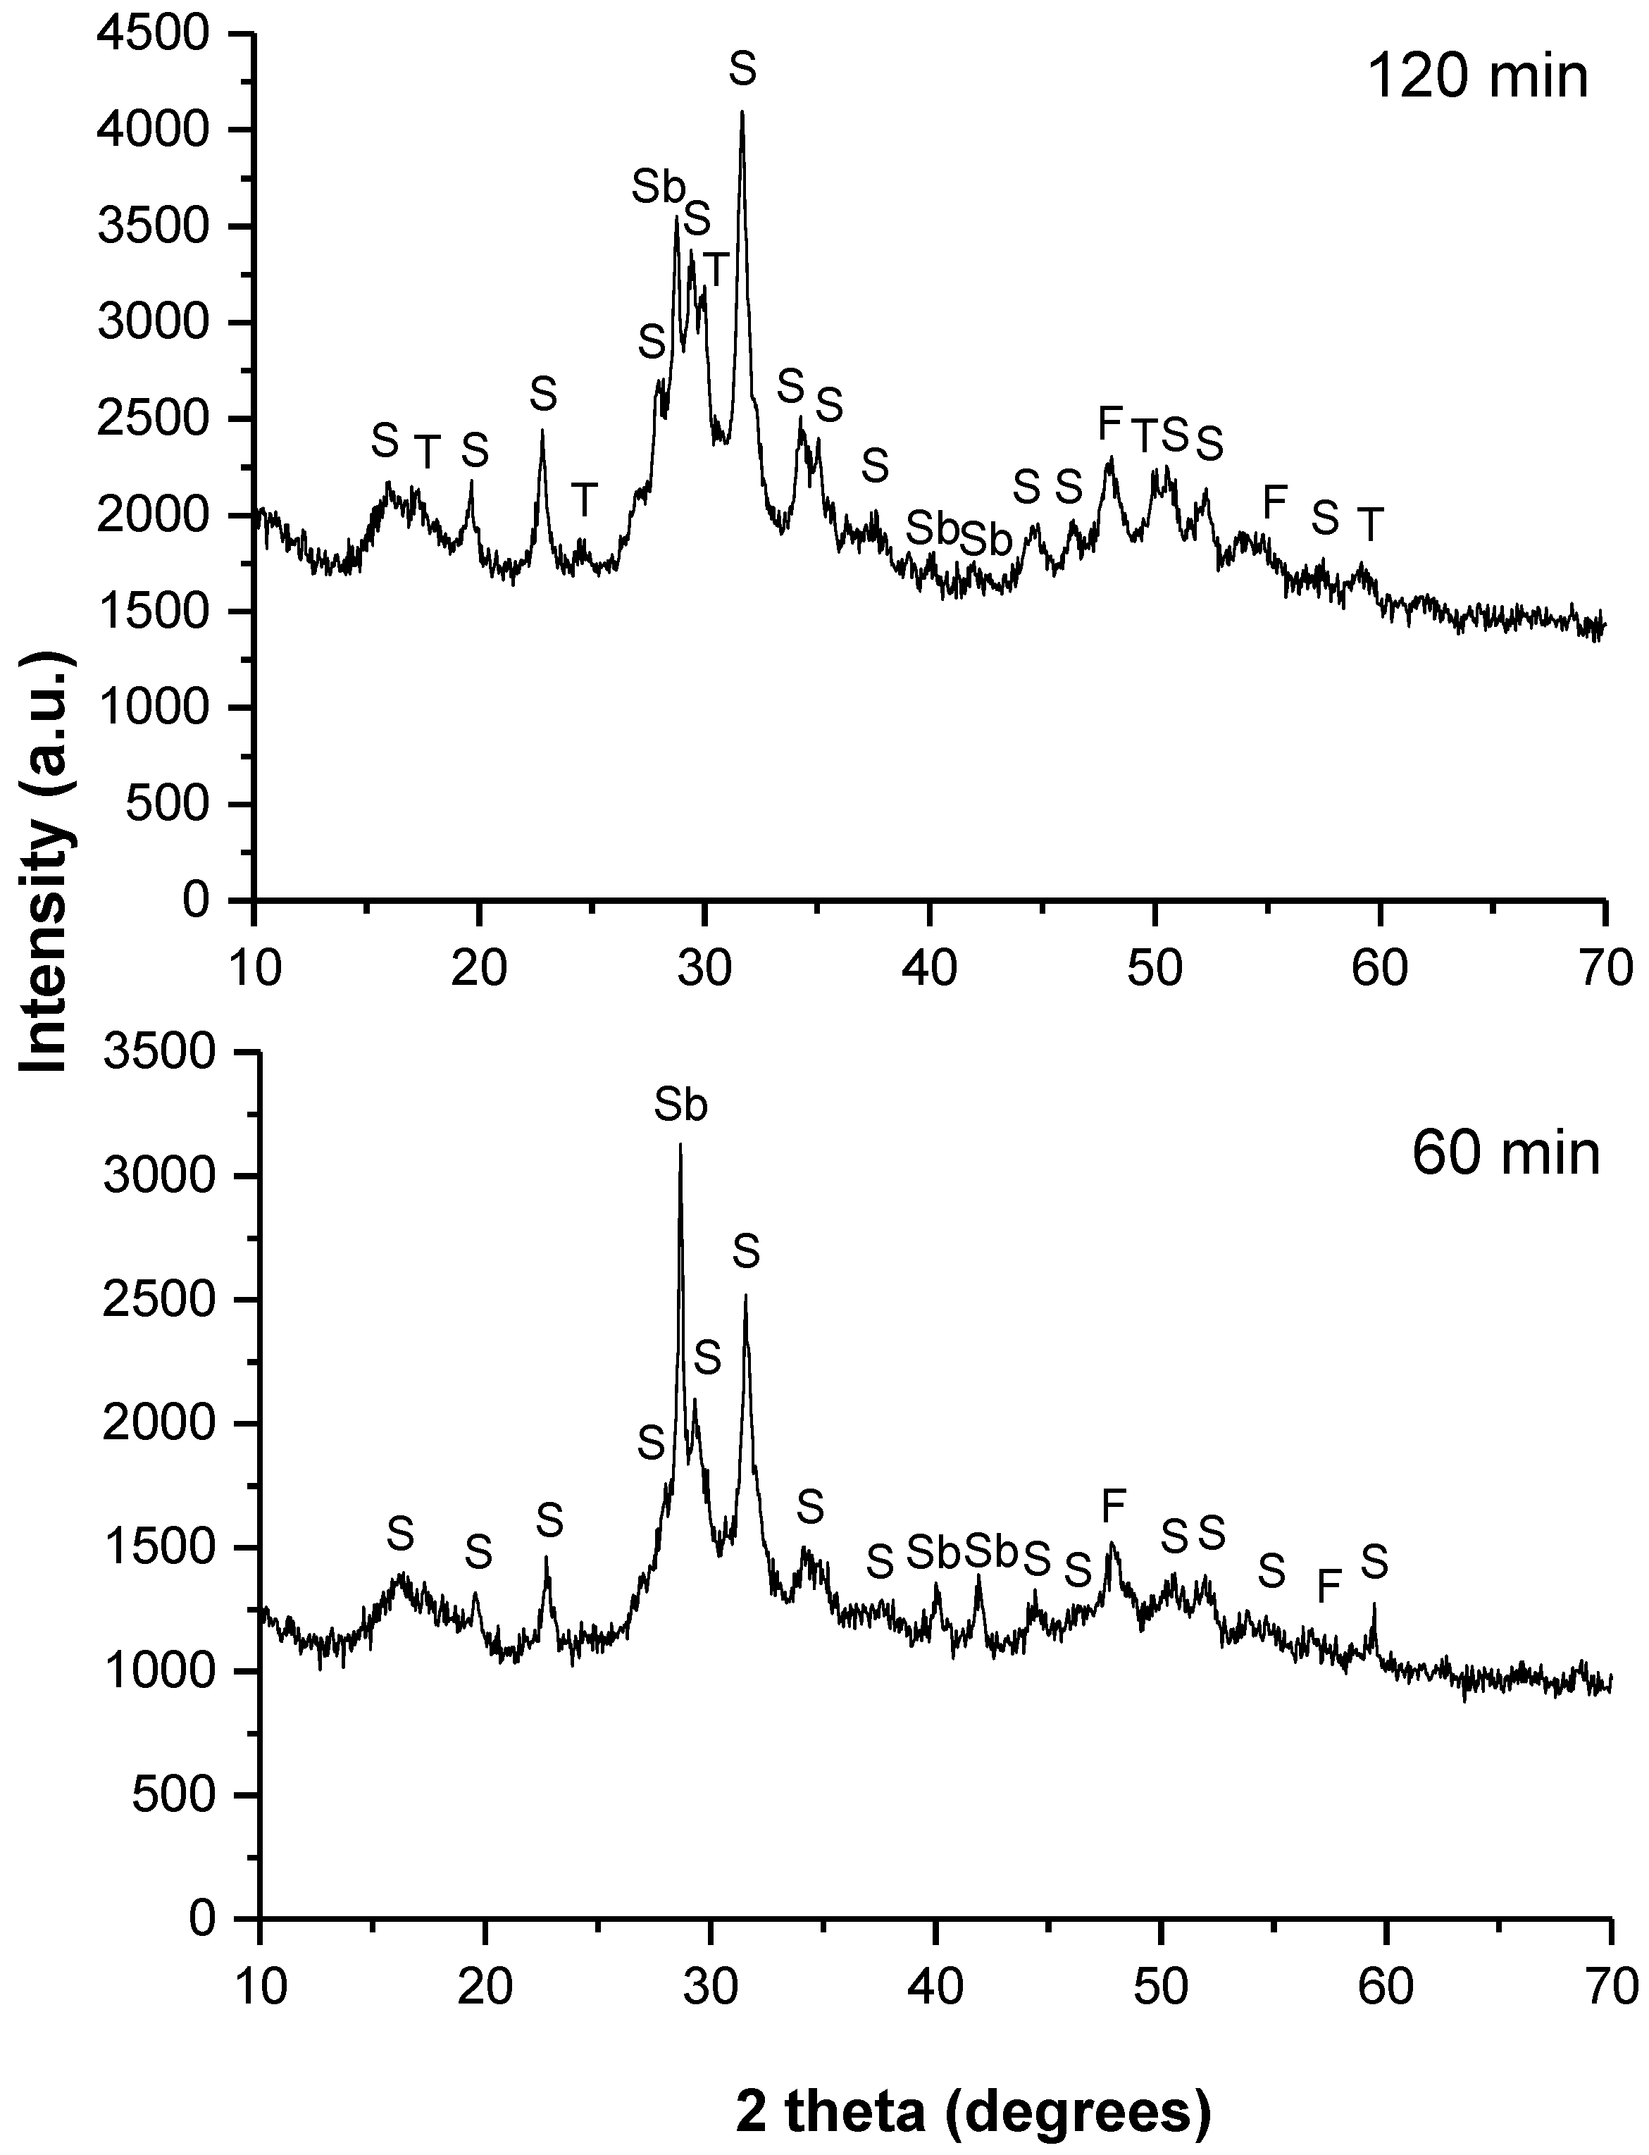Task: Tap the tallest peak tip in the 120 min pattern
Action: tap(742, 112)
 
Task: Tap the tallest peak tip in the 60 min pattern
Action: tap(680, 1145)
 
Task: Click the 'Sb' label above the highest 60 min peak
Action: tap(681, 1107)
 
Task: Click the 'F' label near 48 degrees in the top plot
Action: tap(1109, 424)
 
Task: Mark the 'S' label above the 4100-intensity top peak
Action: tap(743, 70)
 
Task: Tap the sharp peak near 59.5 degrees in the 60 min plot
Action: tap(1374, 1604)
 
